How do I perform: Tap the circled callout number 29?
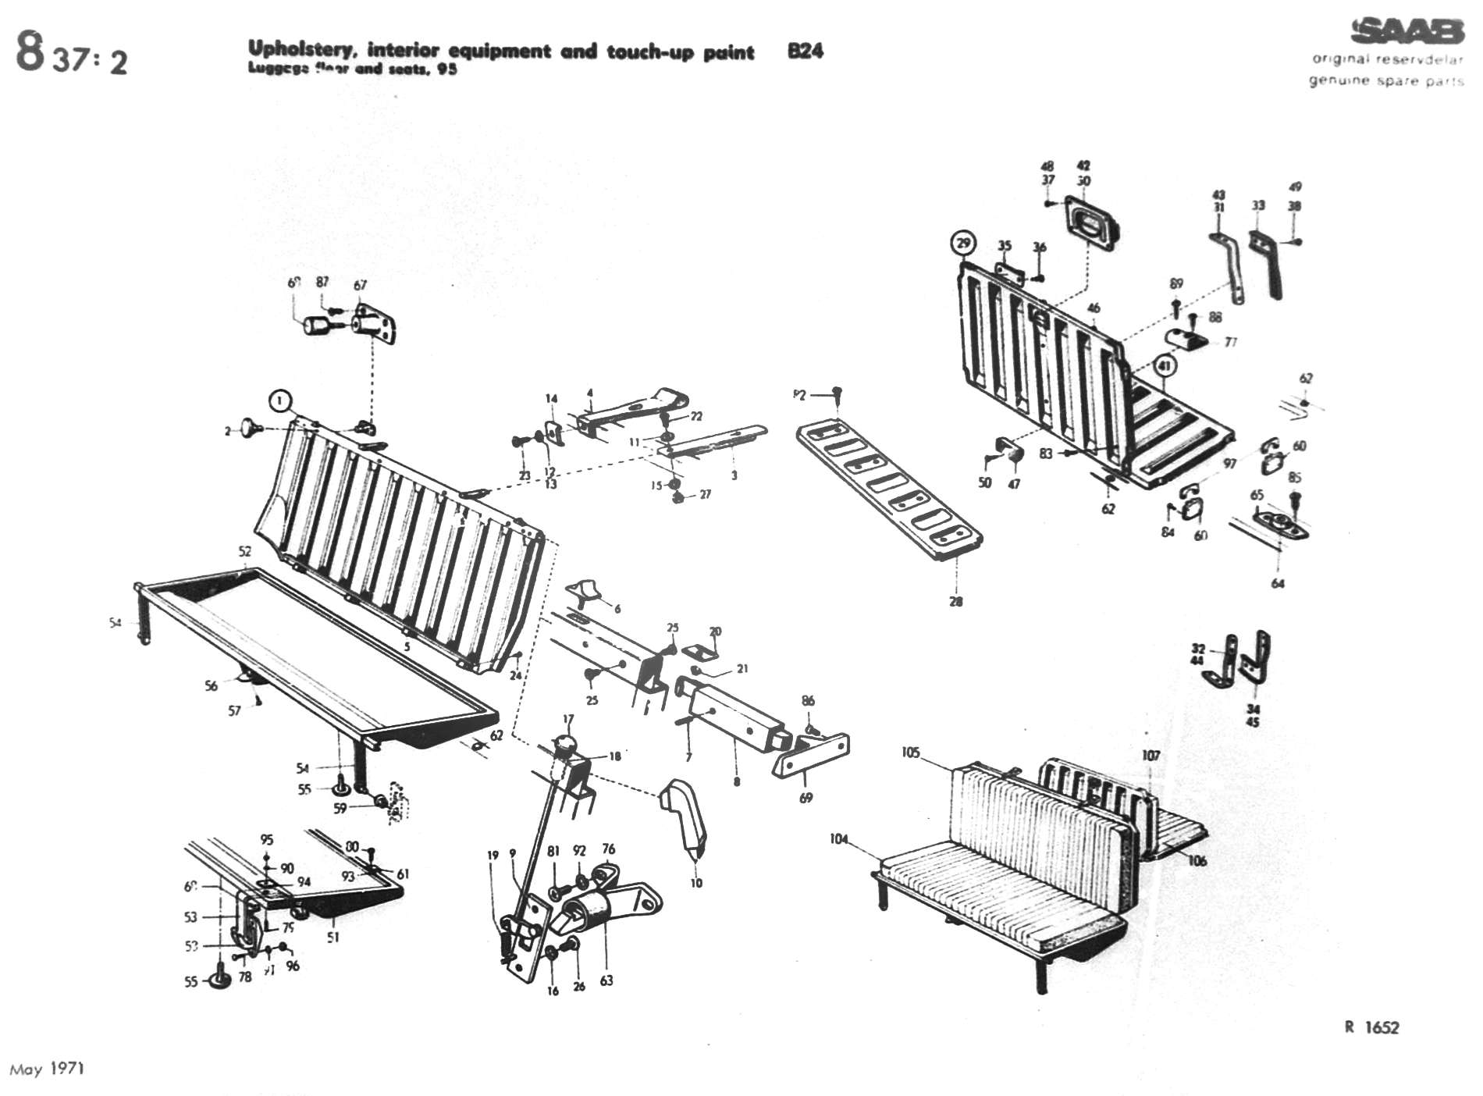(963, 244)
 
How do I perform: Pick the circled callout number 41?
(1164, 365)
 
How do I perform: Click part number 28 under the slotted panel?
(956, 601)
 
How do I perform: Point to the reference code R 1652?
(1371, 1027)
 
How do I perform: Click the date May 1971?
(47, 1068)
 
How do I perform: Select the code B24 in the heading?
(805, 52)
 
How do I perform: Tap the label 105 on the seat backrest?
(910, 753)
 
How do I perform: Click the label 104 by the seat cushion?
(839, 839)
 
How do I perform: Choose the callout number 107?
(1150, 755)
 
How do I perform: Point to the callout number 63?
(606, 981)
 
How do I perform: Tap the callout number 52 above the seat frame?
(245, 551)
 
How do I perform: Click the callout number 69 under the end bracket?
(806, 798)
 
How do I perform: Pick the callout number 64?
(1278, 583)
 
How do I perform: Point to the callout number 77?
(1231, 342)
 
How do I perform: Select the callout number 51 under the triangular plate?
(333, 937)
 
